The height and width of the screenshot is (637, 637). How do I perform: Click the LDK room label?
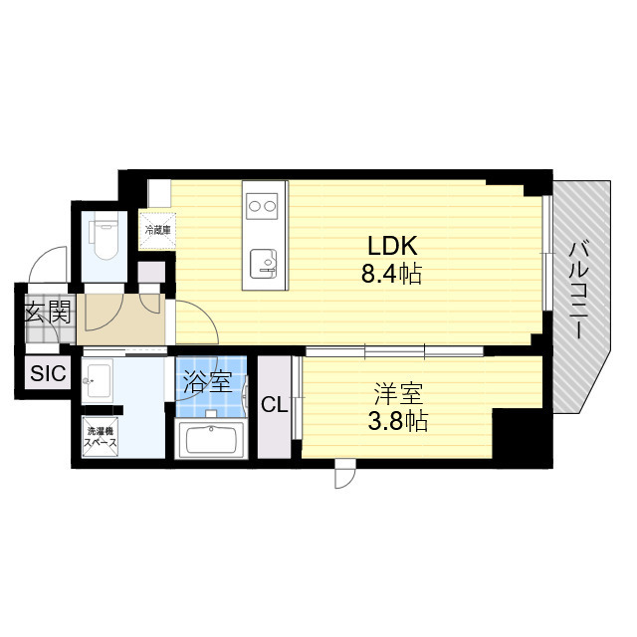[x=392, y=246]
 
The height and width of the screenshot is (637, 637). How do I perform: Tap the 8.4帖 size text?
[x=391, y=274]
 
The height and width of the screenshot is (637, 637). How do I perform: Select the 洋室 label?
[x=398, y=394]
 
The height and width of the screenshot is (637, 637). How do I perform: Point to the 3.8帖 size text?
[x=398, y=421]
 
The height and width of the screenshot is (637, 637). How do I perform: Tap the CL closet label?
[x=275, y=405]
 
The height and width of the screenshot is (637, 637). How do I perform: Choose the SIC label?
[x=48, y=373]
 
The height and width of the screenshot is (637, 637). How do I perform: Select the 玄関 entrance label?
[x=48, y=312]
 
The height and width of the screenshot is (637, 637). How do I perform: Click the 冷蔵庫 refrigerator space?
[x=158, y=231]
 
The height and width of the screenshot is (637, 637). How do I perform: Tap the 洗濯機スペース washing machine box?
[x=101, y=436]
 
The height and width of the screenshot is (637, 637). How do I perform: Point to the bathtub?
[x=211, y=440]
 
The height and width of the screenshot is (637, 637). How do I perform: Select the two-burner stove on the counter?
[x=263, y=206]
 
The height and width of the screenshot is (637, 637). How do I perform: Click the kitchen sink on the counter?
[x=263, y=264]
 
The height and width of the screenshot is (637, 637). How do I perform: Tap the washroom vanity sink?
[x=98, y=381]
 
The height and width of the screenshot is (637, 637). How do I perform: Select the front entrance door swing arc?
[x=47, y=264]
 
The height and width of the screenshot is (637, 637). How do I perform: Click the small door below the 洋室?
[x=345, y=474]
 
